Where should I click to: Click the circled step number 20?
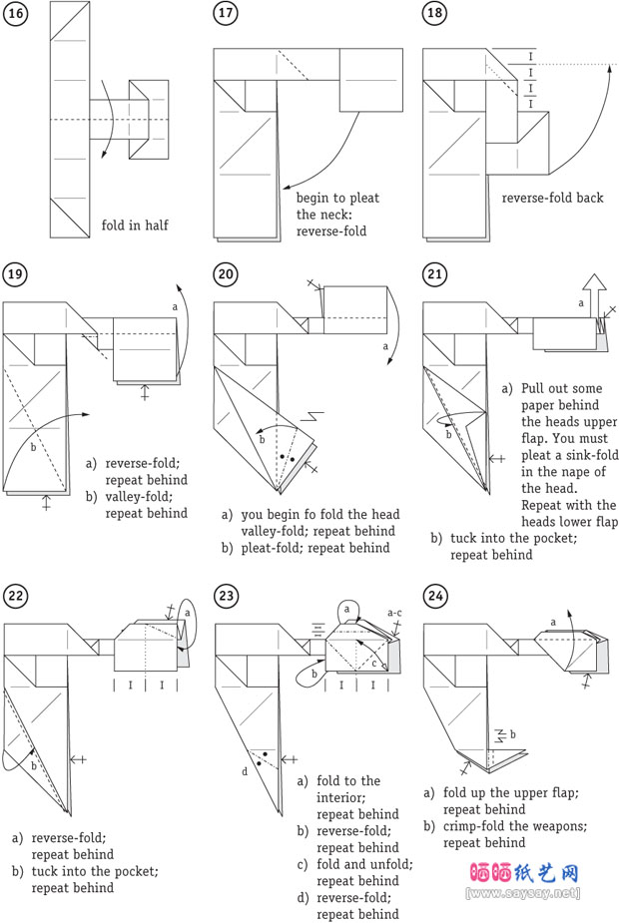[x=225, y=274]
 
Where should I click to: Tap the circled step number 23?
[x=225, y=596]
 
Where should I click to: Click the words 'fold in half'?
[x=135, y=226]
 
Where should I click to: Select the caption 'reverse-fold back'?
[x=552, y=198]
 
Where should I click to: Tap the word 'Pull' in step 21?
[x=535, y=388]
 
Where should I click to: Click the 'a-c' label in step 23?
[x=396, y=613]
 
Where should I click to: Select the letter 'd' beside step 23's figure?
[x=246, y=770]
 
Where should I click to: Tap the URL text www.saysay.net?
[x=523, y=893]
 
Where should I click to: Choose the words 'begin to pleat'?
[x=337, y=198]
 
